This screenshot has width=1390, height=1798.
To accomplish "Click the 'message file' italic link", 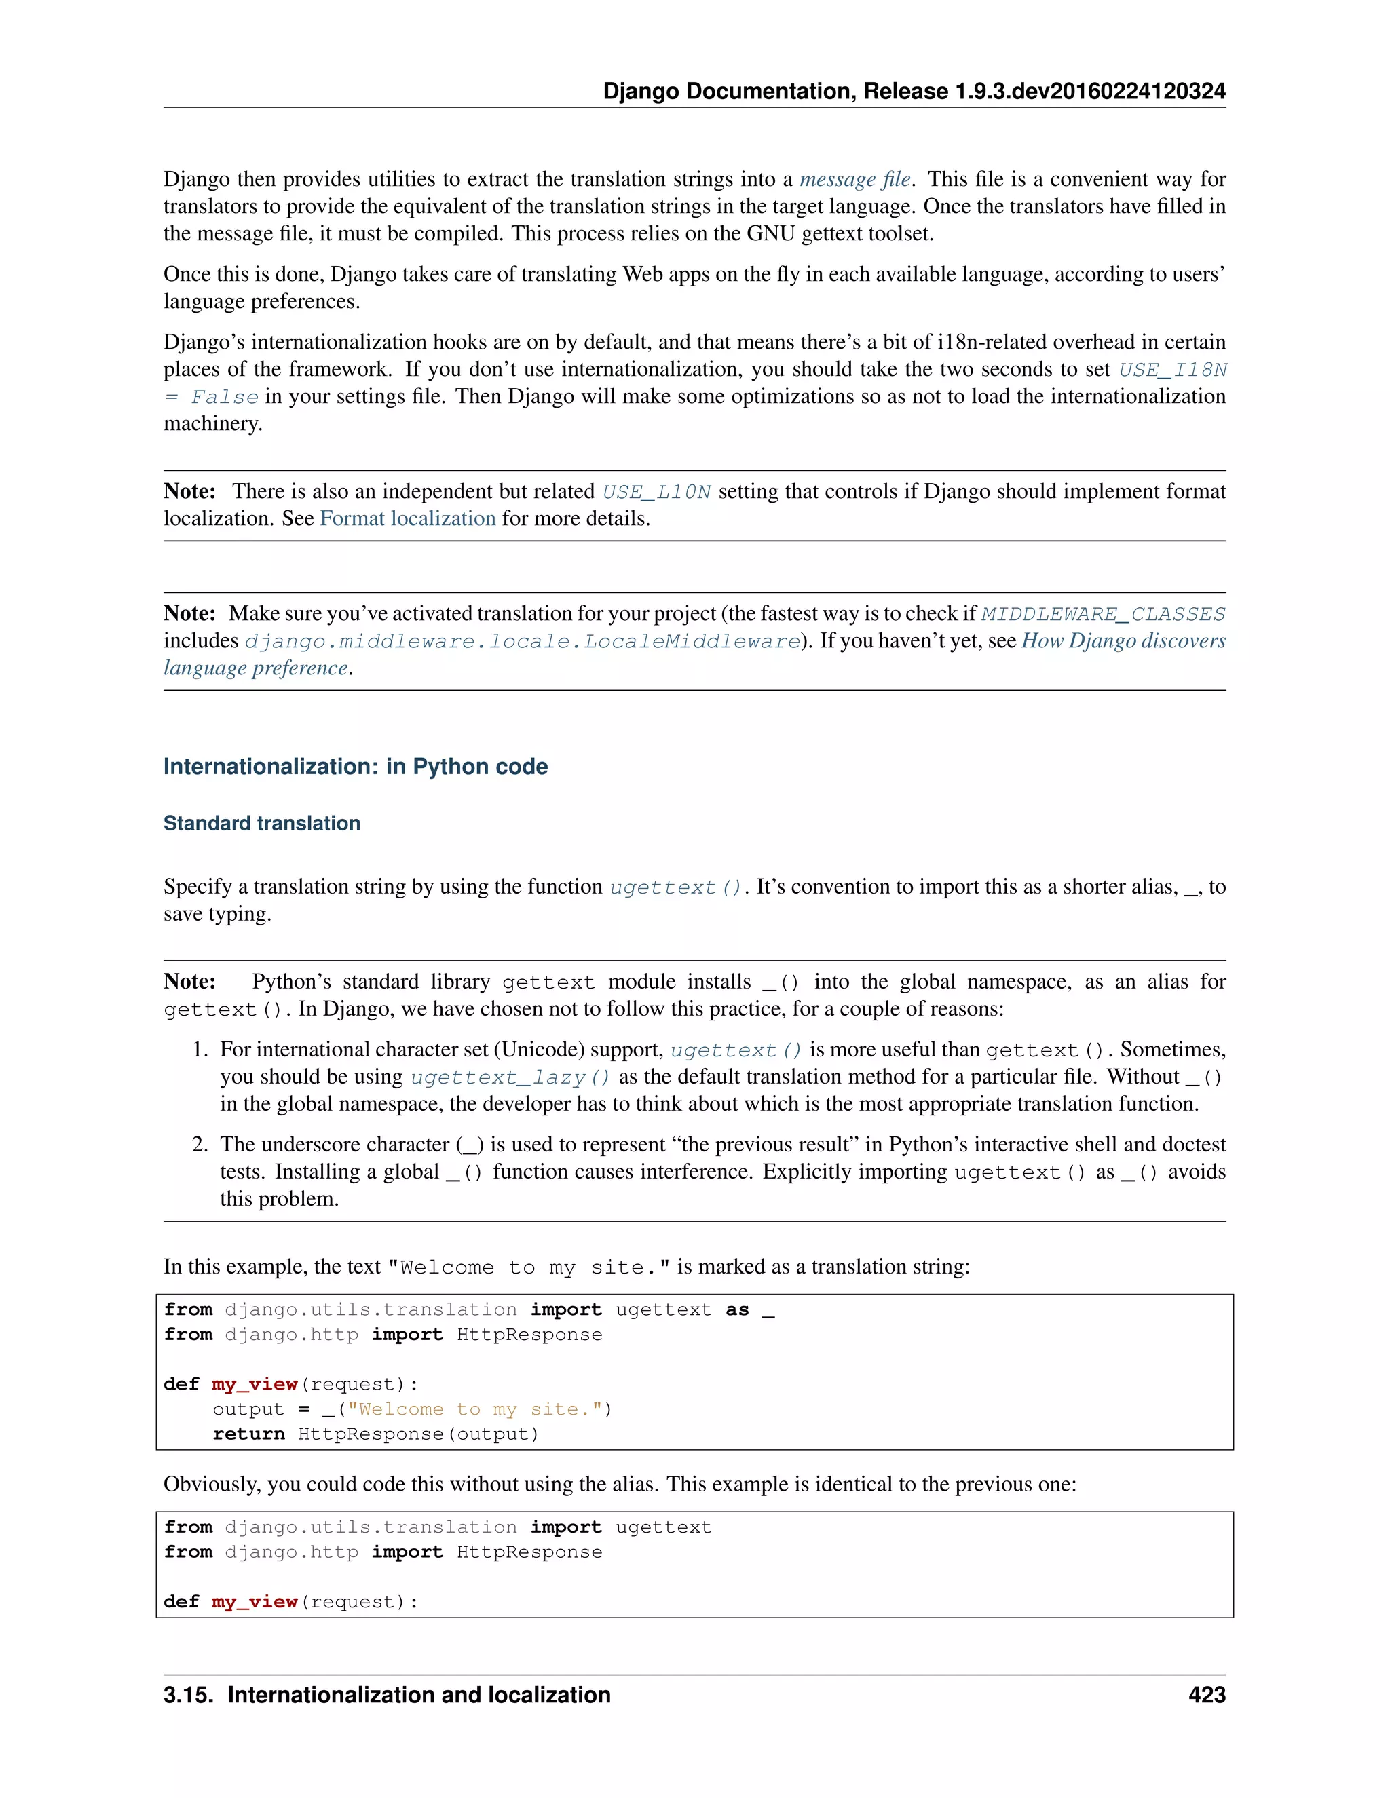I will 854,180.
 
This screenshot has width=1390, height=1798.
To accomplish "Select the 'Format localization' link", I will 408,518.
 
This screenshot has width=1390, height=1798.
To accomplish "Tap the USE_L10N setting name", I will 656,493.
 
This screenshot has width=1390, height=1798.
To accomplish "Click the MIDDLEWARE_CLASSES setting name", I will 1103,614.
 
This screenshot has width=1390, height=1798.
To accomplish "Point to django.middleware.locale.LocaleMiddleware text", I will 522,641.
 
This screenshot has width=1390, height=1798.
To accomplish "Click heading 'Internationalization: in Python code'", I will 355,767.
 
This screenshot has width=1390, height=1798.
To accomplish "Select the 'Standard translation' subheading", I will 262,823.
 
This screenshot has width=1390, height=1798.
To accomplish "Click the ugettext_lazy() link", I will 510,1077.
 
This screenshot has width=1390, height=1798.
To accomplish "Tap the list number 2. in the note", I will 200,1145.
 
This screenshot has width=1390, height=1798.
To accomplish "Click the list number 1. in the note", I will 200,1050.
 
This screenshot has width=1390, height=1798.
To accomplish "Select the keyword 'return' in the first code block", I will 248,1434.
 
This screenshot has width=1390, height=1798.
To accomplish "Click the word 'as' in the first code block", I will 737,1309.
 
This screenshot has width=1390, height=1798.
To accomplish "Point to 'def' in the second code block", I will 181,1601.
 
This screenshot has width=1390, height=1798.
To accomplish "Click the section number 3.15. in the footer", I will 189,1695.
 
